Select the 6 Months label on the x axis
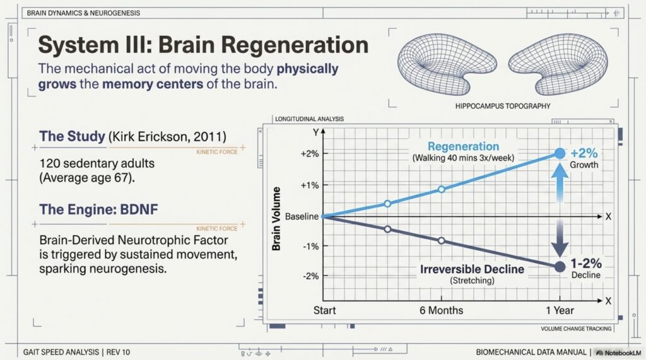pos(441,310)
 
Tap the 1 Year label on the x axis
pos(559,310)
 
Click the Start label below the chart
pos(325,310)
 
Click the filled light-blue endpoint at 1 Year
pos(559,153)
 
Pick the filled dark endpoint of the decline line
pos(559,267)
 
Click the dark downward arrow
pos(559,239)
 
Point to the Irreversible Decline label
pos(472,269)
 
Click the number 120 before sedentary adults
pos(49,163)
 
